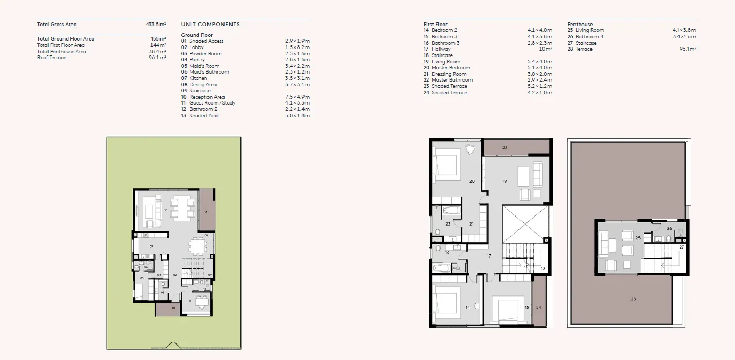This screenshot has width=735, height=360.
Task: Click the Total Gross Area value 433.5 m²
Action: pos(156,25)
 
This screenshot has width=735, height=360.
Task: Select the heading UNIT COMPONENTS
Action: pos(210,25)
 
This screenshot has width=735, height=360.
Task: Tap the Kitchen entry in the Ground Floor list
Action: pos(198,78)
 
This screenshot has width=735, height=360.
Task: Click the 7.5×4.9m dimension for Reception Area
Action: pos(297,97)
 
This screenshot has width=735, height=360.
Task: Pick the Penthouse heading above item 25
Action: pos(580,25)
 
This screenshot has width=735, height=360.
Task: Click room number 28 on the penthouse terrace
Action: pos(633,299)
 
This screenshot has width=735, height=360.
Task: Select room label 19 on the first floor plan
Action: pos(504,182)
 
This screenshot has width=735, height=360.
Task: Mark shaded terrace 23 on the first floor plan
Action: pos(505,147)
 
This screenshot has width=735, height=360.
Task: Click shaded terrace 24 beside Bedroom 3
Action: pos(539,308)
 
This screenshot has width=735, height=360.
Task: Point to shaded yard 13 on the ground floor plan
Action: pos(206,212)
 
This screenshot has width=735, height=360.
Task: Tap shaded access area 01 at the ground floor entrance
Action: pos(173,308)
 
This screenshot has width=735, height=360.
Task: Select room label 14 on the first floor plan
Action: pos(468,308)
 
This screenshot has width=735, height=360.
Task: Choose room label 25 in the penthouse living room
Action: pos(638,238)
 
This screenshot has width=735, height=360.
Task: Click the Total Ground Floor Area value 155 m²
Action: pos(158,39)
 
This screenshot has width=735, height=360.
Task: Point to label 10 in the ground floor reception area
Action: pos(166,210)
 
